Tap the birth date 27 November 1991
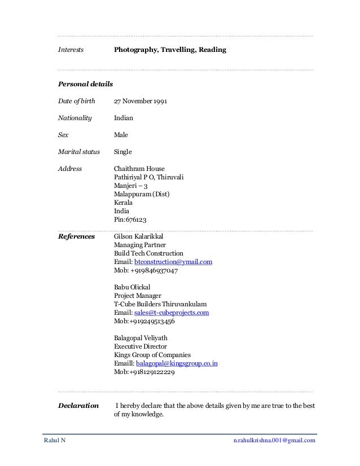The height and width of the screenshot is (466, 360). (140, 102)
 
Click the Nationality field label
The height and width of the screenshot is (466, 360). (75, 118)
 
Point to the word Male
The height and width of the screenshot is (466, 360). (121, 135)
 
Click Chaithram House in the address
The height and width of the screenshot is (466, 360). (139, 169)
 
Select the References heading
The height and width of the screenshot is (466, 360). (77, 236)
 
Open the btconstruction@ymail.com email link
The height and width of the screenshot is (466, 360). (172, 262)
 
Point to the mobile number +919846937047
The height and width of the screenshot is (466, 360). (146, 271)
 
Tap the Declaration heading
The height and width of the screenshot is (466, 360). (78, 405)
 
